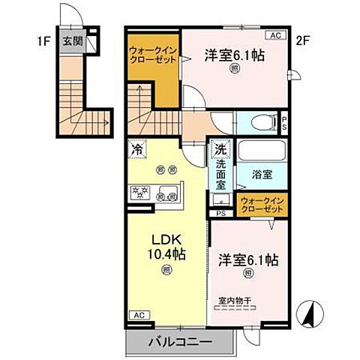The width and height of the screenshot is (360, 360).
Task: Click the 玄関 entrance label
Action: click(72, 42)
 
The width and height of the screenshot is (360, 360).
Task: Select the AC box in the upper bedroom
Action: click(275, 35)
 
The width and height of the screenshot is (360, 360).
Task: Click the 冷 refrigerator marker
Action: click(136, 149)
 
